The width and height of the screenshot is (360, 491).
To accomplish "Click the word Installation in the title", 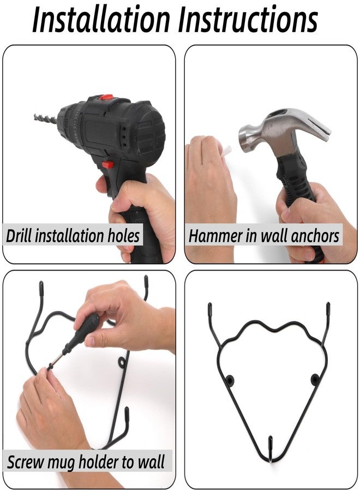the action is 101,20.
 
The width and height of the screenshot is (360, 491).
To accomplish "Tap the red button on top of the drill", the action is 107,97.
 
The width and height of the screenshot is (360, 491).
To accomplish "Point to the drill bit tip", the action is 35,117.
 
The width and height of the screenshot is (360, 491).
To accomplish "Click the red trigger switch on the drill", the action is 107,164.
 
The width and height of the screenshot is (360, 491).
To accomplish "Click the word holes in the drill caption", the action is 124,236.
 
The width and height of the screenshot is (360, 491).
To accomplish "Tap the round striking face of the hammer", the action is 245,139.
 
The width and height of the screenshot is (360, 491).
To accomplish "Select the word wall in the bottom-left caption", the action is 151,462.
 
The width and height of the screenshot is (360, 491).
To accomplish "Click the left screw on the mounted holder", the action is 231,380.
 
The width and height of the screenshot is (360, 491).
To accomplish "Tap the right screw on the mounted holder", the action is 315,379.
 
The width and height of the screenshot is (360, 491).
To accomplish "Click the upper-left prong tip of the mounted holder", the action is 210,308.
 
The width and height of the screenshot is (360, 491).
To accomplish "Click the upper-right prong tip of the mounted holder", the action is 328,308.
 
